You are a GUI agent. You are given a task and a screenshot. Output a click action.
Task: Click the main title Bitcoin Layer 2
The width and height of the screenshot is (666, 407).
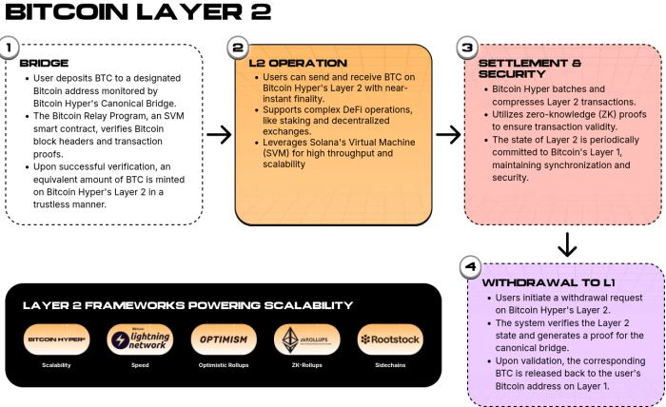tap(138, 12)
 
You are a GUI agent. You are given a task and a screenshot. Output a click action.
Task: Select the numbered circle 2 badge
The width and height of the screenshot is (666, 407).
tap(238, 47)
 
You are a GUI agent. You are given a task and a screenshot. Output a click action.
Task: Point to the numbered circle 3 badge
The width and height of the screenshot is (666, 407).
tap(466, 47)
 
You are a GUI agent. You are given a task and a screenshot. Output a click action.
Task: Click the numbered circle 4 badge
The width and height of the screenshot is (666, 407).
tap(469, 266)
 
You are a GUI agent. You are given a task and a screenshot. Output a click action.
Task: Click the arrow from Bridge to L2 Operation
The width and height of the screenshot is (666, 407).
tap(219, 134)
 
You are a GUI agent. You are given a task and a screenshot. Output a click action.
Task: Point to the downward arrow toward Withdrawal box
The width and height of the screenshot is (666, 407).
tap(567, 244)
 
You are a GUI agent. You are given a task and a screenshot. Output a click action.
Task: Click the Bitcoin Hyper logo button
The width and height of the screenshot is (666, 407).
tap(56, 339)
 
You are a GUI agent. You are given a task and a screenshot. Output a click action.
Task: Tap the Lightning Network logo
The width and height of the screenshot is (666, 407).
tap(140, 339)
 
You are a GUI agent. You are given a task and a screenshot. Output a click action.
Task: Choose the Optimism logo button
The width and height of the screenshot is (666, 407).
tap(224, 339)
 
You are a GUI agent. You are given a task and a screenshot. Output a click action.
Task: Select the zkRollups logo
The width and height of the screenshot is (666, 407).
tap(307, 339)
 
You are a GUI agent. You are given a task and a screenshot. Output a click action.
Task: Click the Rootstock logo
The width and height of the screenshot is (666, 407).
tap(390, 339)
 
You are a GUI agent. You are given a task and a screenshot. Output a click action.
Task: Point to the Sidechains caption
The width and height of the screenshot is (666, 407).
tap(390, 366)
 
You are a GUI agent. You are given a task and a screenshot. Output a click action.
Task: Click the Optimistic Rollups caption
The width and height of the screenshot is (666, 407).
tap(224, 366)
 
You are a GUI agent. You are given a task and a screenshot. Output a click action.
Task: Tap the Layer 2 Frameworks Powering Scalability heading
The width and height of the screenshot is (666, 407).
tap(187, 305)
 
